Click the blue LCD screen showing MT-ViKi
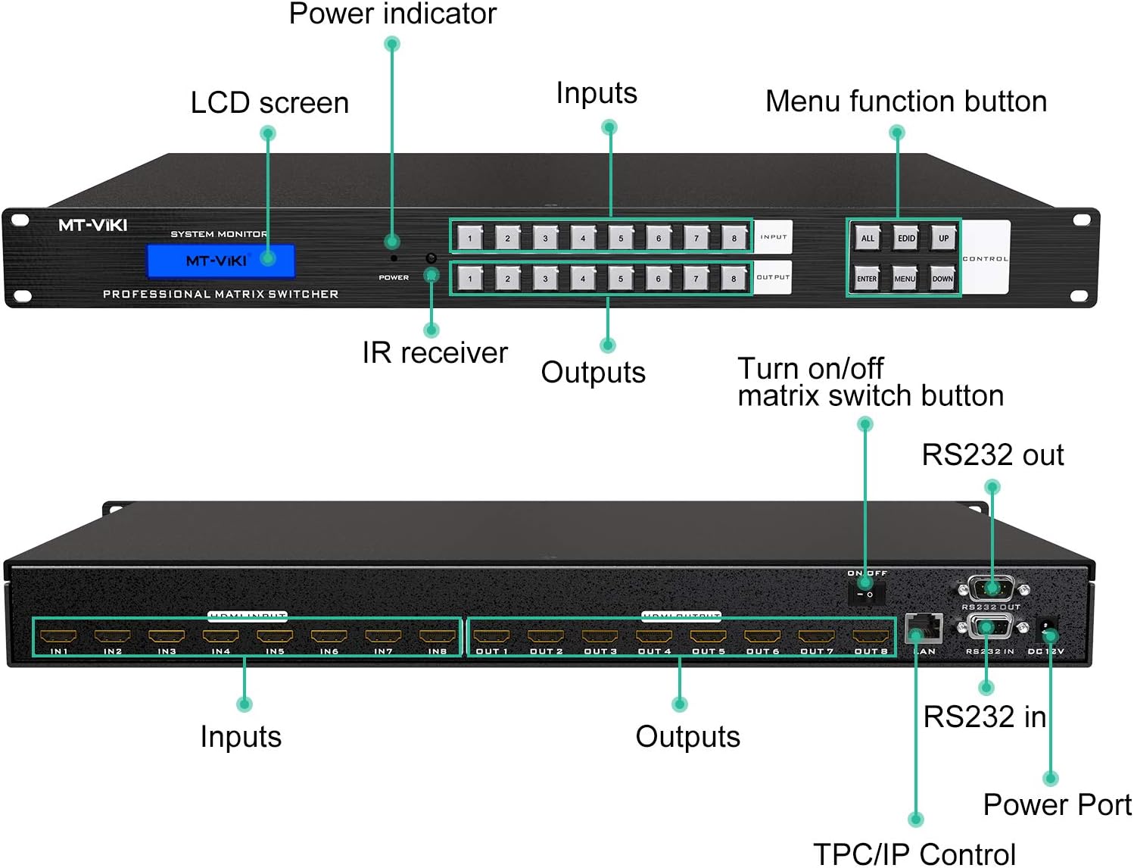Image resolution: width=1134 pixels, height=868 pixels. [x=220, y=261]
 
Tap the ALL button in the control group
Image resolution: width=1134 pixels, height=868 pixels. [x=868, y=238]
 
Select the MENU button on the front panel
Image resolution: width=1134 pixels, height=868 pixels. [x=905, y=278]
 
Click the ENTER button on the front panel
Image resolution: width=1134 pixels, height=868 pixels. [x=867, y=278]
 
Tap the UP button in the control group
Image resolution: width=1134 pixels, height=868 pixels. [x=943, y=238]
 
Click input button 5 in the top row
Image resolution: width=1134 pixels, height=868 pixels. [x=621, y=238]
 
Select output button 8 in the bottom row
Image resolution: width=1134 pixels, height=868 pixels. [x=734, y=278]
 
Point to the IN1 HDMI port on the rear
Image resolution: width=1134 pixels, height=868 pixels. [x=58, y=636]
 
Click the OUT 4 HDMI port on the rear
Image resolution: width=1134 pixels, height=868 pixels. [x=654, y=636]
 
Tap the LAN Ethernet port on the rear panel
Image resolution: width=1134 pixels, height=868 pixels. [x=923, y=628]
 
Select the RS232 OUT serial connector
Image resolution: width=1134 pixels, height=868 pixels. [x=991, y=588]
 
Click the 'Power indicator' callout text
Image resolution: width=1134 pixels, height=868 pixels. [x=392, y=14]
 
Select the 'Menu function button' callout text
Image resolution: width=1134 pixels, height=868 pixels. [x=905, y=101]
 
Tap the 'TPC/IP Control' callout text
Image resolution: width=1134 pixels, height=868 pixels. [x=914, y=854]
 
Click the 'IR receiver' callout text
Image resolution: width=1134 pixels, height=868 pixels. [x=435, y=353]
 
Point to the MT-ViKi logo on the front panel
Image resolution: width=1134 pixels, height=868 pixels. [x=92, y=225]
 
